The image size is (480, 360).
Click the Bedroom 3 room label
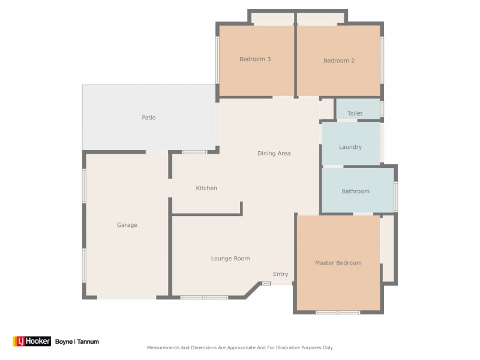coord(255,59)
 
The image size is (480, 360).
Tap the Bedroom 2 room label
coord(339,61)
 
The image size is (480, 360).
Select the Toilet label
coord(355,113)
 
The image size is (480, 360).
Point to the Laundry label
coord(350,147)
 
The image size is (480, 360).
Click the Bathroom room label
coord(355,191)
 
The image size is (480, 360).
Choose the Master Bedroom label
coord(338,263)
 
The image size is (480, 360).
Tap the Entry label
coord(280,274)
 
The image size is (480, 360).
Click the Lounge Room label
coord(230,259)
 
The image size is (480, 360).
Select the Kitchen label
coord(206,188)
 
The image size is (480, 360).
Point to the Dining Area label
coord(274,154)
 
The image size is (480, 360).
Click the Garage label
coord(127,225)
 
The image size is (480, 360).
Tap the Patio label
coord(148,118)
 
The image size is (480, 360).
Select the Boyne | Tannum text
coord(77,341)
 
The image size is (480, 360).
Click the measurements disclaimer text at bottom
coord(240,347)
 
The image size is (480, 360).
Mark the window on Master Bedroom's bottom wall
coord(338,312)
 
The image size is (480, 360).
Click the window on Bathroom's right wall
coord(395,196)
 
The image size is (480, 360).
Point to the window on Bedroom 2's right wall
coord(382,60)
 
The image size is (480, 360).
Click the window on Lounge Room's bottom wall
coord(204,297)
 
